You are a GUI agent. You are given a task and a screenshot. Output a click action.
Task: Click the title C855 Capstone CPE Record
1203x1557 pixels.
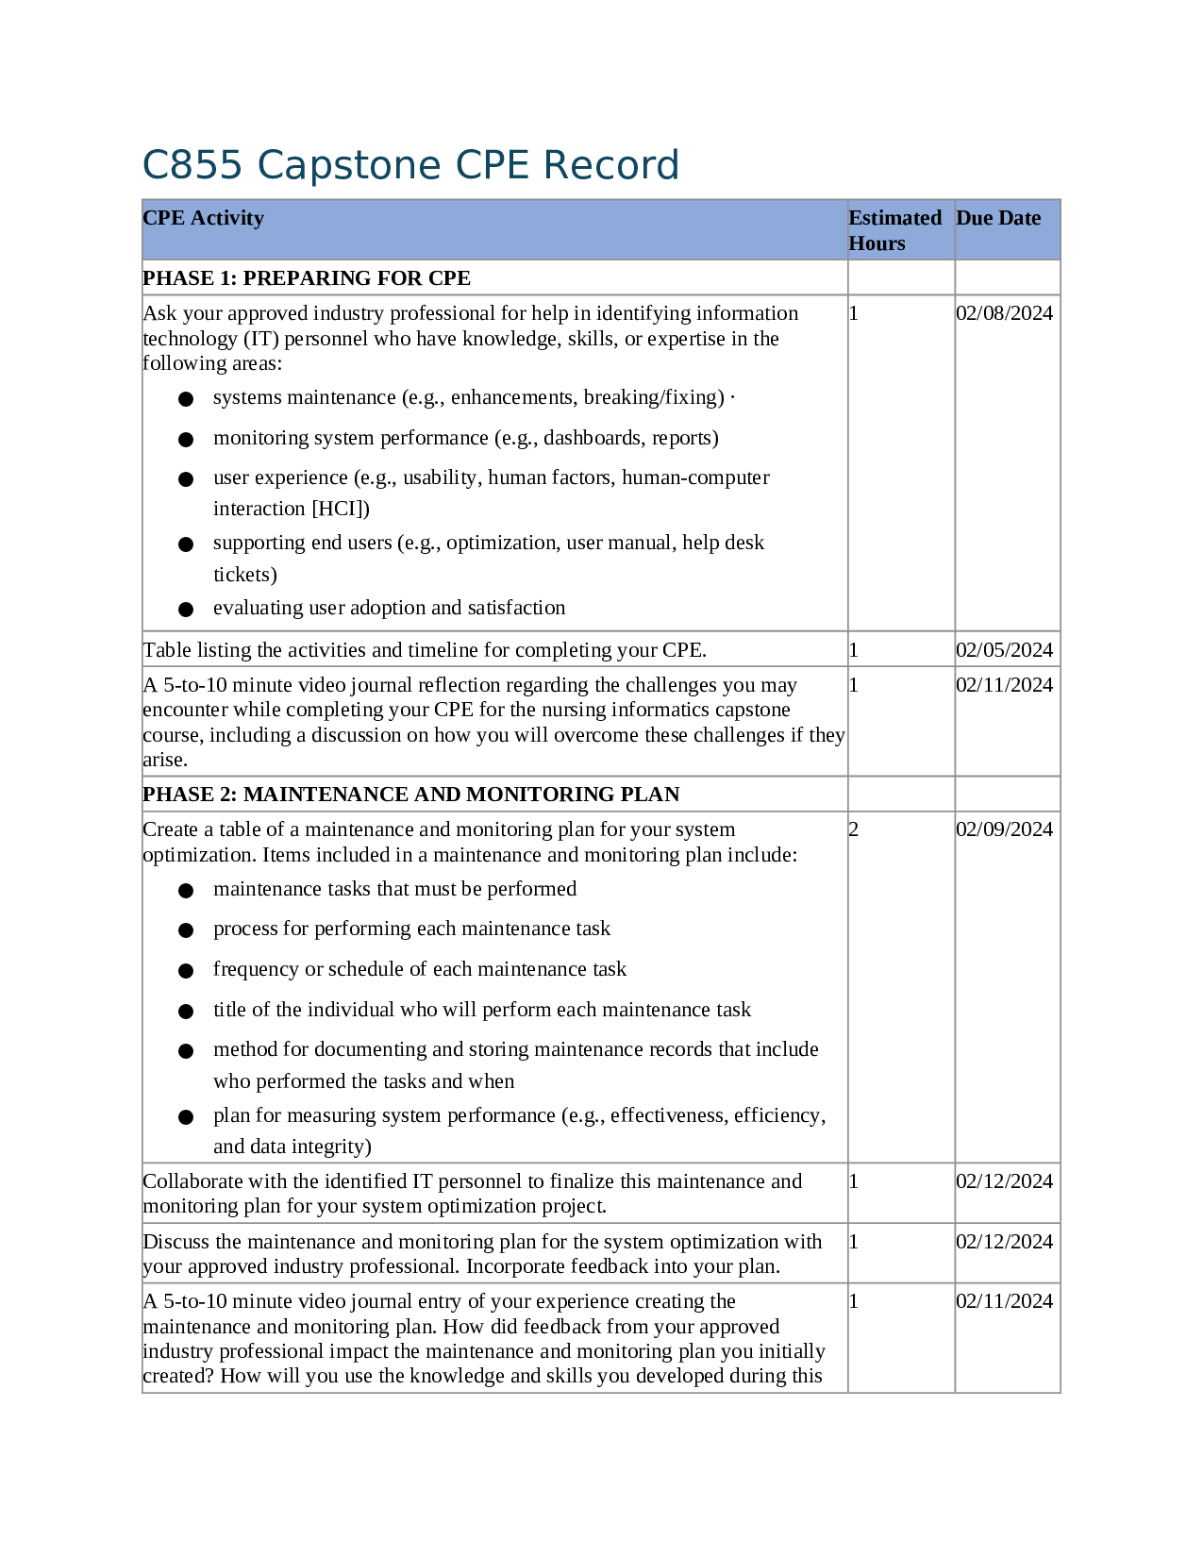click(410, 165)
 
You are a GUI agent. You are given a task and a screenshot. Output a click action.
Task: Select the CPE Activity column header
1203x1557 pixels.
click(203, 218)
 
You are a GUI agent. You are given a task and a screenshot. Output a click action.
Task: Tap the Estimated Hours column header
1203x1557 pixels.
click(894, 230)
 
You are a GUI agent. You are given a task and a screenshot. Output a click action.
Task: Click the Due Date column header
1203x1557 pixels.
click(997, 218)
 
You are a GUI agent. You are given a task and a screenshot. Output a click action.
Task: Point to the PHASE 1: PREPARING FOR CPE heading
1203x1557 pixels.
click(307, 278)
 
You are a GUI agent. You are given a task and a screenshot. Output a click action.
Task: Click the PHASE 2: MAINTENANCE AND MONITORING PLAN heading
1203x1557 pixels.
click(410, 795)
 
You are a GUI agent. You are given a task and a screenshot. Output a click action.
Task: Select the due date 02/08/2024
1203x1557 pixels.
click(1003, 313)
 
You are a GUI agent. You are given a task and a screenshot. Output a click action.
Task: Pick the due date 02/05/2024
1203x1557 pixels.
click(1003, 650)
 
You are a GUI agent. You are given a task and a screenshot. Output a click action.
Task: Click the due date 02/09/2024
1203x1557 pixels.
click(1003, 829)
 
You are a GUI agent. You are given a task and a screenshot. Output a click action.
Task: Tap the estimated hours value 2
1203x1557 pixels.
click(854, 829)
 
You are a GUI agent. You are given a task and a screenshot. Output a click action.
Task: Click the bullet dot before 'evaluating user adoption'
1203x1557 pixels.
click(186, 610)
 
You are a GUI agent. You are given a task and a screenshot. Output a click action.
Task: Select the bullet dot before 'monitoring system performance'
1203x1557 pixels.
click(186, 440)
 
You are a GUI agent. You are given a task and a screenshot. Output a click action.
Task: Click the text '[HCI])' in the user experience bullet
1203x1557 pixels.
click(340, 509)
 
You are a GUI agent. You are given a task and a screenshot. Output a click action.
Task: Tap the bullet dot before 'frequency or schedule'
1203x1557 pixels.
click(186, 971)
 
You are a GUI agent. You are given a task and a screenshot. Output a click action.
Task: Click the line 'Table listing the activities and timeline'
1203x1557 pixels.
click(425, 650)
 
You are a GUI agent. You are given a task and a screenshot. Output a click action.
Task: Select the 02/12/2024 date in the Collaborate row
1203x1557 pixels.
click(1003, 1181)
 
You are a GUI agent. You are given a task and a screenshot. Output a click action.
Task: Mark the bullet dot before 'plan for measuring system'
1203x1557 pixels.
click(186, 1117)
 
